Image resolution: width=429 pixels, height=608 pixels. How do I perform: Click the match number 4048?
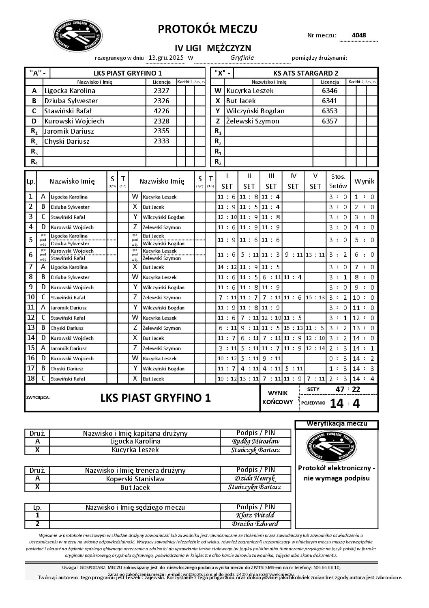358,35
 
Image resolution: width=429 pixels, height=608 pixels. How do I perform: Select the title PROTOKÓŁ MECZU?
207,29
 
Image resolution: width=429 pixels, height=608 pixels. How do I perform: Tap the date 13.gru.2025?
166,58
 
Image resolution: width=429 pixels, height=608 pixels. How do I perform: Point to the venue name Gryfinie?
242,58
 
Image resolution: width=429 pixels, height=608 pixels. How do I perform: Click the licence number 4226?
161,111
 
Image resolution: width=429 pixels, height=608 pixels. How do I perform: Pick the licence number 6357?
329,121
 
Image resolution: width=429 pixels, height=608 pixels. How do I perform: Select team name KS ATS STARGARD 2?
306,73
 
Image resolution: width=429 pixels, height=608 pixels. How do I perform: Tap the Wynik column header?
364,181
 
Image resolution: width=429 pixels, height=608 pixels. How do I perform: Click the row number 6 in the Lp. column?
30,255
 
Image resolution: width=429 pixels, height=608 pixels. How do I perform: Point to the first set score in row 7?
226,267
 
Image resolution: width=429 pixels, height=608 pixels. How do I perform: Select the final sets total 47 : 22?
348,389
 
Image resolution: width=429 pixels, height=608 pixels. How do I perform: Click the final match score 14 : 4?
344,403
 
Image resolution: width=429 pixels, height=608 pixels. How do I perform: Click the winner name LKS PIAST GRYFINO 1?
155,398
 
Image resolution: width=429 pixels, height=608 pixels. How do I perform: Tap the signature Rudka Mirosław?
255,441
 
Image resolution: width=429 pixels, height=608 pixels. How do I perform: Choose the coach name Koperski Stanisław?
135,479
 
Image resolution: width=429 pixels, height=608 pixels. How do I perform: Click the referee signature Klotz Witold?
255,515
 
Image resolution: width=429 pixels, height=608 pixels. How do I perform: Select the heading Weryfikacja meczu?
337,424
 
